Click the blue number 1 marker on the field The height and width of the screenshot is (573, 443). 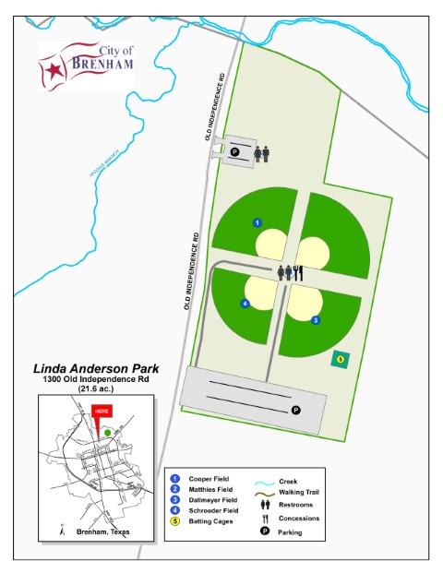click(x=257, y=222)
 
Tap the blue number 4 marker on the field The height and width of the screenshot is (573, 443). click(x=245, y=304)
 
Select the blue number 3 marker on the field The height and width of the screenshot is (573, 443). click(x=315, y=320)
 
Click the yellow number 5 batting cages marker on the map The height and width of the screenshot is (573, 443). click(x=340, y=359)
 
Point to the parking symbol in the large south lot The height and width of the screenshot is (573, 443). click(x=295, y=411)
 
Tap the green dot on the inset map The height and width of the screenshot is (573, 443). click(x=109, y=431)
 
